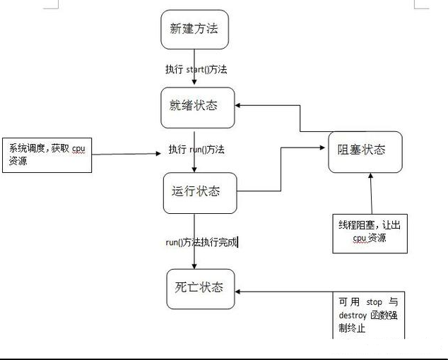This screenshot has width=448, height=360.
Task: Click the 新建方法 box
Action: click(x=194, y=30)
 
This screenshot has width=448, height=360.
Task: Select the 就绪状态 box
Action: click(x=194, y=106)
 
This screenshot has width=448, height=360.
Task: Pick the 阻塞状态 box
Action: click(x=365, y=151)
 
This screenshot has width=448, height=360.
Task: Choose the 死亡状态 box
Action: click(x=200, y=287)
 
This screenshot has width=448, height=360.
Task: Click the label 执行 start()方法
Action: click(x=196, y=69)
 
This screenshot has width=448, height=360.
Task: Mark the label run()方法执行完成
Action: click(x=201, y=242)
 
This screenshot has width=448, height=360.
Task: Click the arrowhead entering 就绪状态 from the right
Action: click(x=240, y=106)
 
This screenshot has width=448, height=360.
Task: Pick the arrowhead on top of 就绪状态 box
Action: click(x=194, y=84)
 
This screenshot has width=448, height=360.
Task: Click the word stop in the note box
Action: click(x=375, y=302)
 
